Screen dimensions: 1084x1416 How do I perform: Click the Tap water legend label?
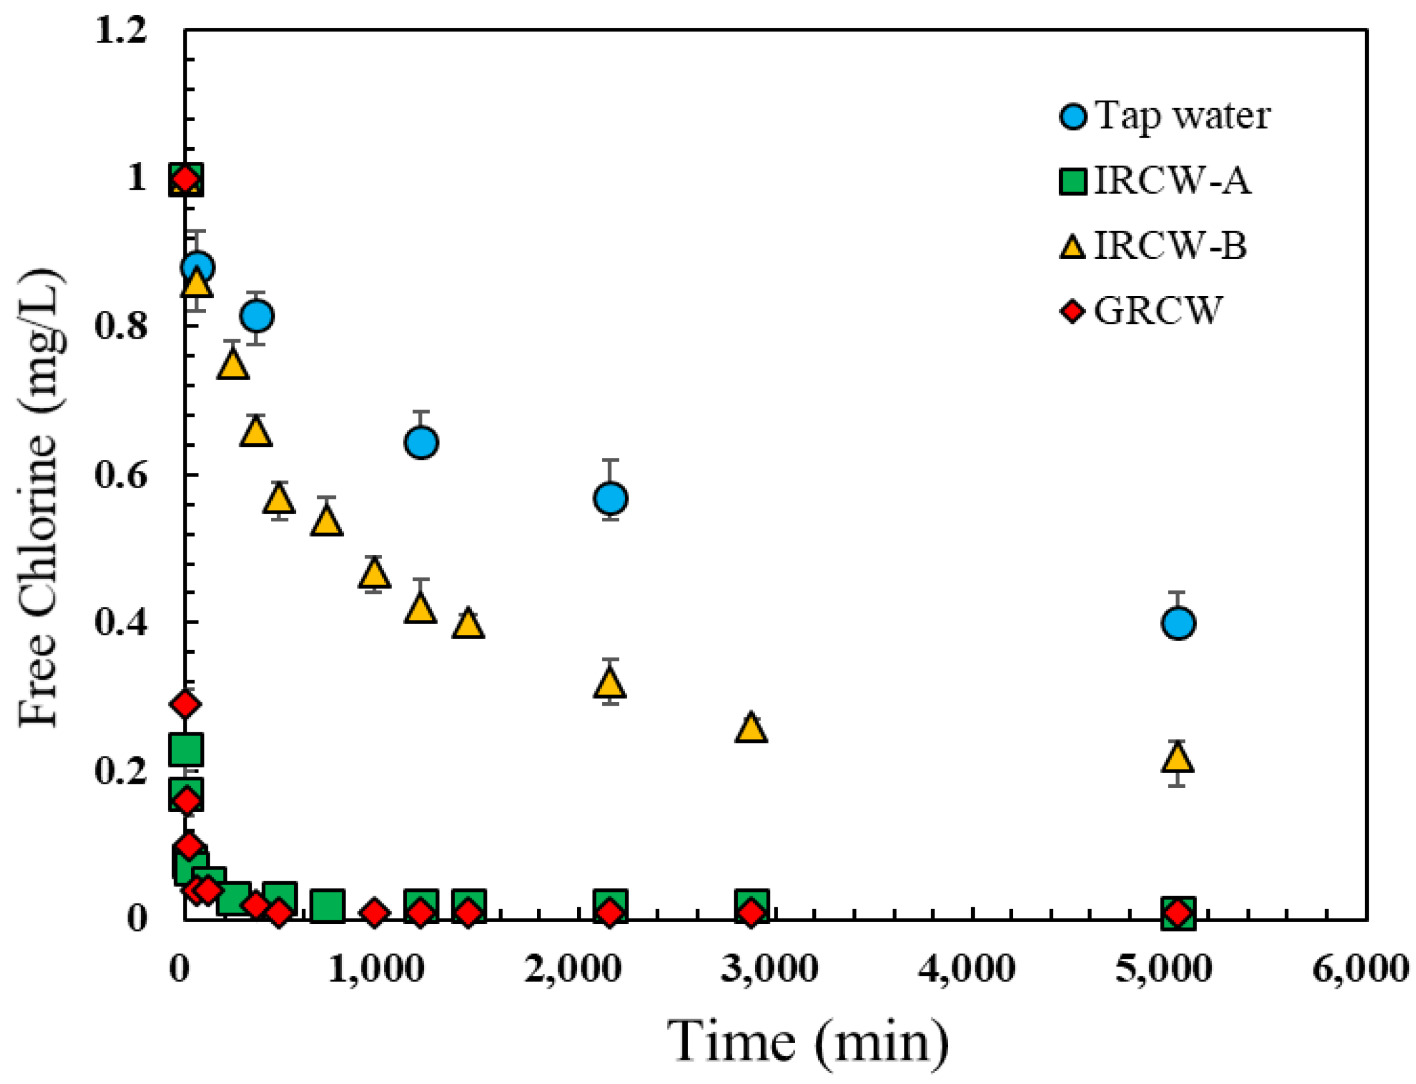click(1182, 116)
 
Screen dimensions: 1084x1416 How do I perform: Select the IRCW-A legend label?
click(1172, 181)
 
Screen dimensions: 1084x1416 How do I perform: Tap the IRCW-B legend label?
click(1170, 246)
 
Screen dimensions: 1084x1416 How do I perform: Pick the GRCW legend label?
click(1157, 311)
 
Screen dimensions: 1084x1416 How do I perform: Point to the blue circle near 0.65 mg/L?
click(421, 442)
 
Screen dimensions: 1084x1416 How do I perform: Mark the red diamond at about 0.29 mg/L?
click(185, 703)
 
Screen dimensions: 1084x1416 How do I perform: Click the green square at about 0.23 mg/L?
click(185, 749)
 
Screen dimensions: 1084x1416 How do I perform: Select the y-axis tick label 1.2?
click(121, 30)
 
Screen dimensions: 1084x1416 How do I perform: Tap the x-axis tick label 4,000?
click(966, 969)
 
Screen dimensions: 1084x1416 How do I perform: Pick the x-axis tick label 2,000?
click(572, 969)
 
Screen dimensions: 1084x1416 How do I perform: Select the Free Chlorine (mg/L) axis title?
click(40, 498)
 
